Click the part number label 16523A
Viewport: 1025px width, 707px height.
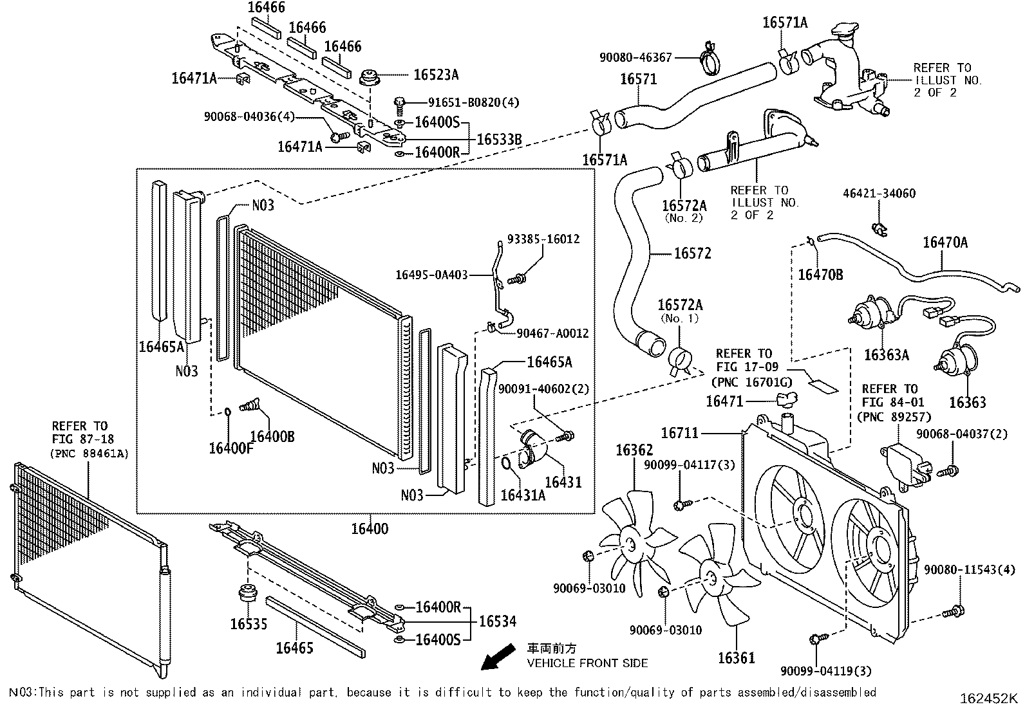435,75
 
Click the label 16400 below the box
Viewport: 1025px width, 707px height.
370,529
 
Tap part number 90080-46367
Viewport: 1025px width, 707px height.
635,57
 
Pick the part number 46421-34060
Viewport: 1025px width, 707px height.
879,194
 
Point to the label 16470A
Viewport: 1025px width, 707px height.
945,243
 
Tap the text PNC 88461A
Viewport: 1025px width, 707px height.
89,454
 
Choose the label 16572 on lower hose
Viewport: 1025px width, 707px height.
692,253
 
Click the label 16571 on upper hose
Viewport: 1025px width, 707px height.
638,79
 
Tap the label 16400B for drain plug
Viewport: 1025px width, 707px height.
272,436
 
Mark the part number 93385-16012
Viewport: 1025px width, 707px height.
543,239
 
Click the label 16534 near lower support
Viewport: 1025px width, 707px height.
497,621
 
